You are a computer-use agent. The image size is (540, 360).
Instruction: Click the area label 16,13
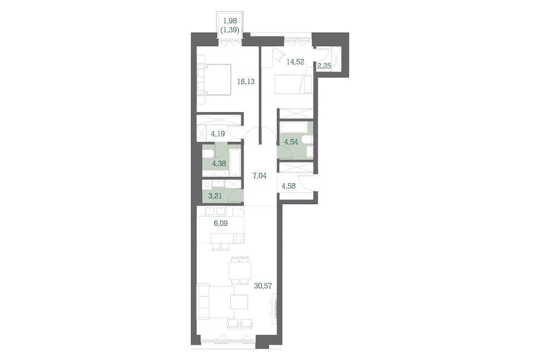coord(246,82)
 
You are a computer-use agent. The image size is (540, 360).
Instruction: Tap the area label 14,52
coord(295,62)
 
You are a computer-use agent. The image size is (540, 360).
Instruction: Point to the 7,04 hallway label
coord(259,176)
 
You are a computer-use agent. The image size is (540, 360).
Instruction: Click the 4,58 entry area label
coord(288,186)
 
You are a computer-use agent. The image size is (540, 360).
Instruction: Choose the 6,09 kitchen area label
coord(221,223)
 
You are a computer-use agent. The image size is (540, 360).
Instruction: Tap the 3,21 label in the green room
coord(214,196)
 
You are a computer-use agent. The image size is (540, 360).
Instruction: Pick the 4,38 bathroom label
coord(219,164)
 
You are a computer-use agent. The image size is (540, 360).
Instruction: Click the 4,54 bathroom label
coord(291,141)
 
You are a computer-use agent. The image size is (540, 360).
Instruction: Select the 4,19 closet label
coord(218,134)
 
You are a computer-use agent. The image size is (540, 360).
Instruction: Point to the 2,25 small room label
coord(324,66)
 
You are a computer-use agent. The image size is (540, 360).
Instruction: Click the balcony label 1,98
coord(230,21)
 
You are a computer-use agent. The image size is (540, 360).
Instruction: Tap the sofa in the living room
coord(203,302)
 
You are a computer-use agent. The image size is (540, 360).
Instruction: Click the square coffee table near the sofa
coord(239,302)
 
